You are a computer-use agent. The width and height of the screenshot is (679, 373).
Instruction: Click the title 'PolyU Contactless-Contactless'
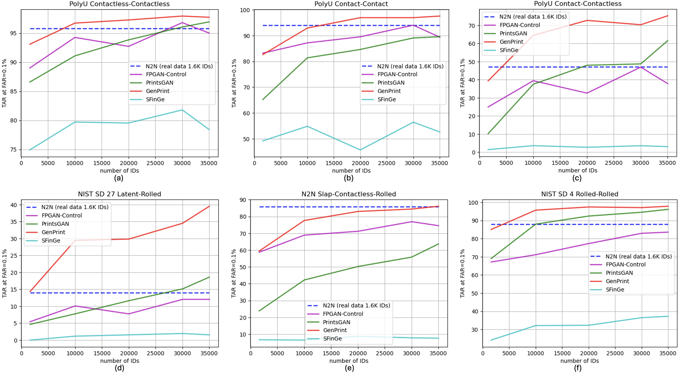click(x=119, y=4)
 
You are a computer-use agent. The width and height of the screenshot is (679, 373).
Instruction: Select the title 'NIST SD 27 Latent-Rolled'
click(x=119, y=194)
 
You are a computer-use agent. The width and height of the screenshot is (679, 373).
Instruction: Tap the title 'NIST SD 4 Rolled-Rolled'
click(x=580, y=194)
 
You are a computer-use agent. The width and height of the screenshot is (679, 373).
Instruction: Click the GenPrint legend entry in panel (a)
click(x=158, y=91)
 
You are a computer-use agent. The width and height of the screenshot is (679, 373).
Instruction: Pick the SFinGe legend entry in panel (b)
click(x=387, y=99)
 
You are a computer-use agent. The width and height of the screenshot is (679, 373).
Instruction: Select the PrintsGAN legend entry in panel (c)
click(x=513, y=33)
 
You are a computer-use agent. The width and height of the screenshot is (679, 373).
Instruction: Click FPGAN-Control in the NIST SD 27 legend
click(x=62, y=215)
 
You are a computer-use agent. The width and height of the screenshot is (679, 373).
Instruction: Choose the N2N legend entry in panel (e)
click(x=356, y=305)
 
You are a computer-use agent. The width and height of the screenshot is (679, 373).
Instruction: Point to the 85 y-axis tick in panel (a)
click(x=13, y=92)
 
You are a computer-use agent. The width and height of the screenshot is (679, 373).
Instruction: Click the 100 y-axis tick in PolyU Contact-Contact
click(x=245, y=10)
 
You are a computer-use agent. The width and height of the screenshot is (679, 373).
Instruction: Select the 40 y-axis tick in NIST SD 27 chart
click(x=13, y=205)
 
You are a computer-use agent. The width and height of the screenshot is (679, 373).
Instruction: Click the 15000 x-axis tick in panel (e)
click(x=331, y=353)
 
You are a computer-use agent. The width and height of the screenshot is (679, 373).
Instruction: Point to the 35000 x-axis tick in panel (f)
click(x=667, y=353)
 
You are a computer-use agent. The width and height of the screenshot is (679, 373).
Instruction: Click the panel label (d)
click(x=119, y=368)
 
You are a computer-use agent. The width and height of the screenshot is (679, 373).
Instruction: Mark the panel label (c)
click(x=577, y=178)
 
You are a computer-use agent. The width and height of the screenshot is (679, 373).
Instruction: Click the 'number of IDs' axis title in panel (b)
click(x=351, y=171)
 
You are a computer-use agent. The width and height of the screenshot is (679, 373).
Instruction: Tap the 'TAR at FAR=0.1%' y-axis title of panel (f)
click(x=462, y=273)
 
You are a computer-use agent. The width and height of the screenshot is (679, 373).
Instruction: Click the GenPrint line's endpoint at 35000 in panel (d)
click(x=209, y=206)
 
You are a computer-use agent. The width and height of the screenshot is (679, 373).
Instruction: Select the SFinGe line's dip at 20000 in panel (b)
click(x=360, y=150)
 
